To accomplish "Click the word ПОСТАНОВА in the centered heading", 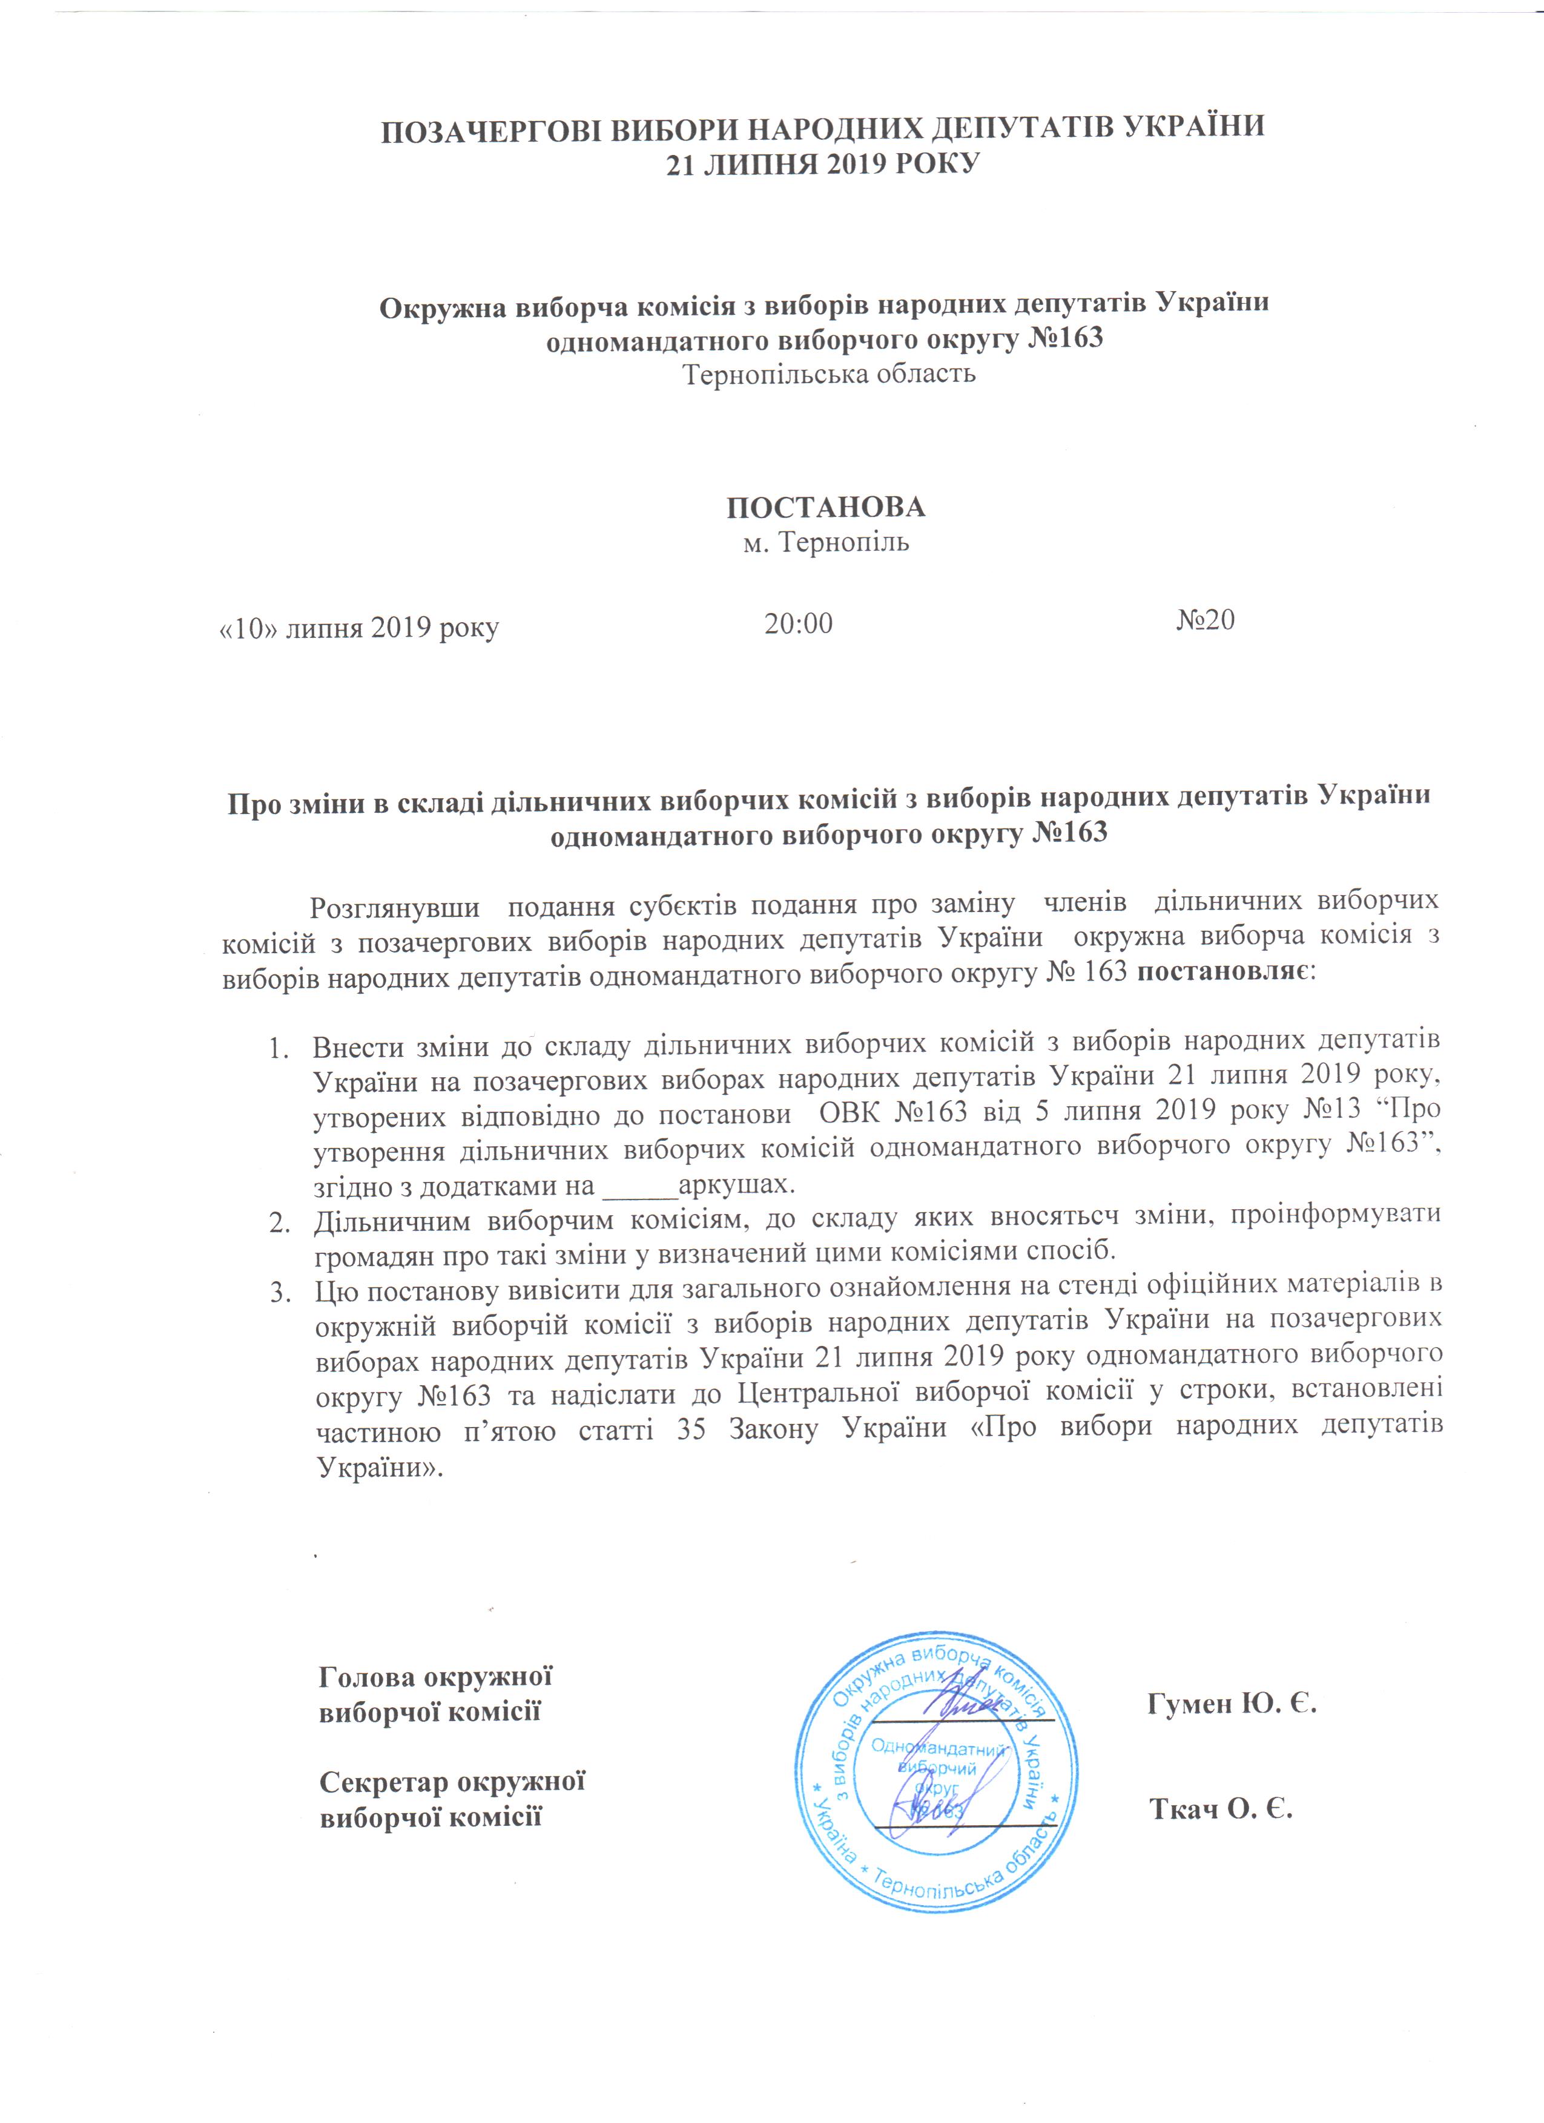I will point(826,507).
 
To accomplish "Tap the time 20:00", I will point(798,623).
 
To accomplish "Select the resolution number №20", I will point(1205,620).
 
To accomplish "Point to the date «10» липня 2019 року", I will point(358,627).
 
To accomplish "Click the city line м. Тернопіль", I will point(826,542).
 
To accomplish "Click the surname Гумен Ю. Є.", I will point(1232,1703).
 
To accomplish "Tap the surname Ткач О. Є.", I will point(1221,1808).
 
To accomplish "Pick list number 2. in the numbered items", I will point(279,1221).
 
